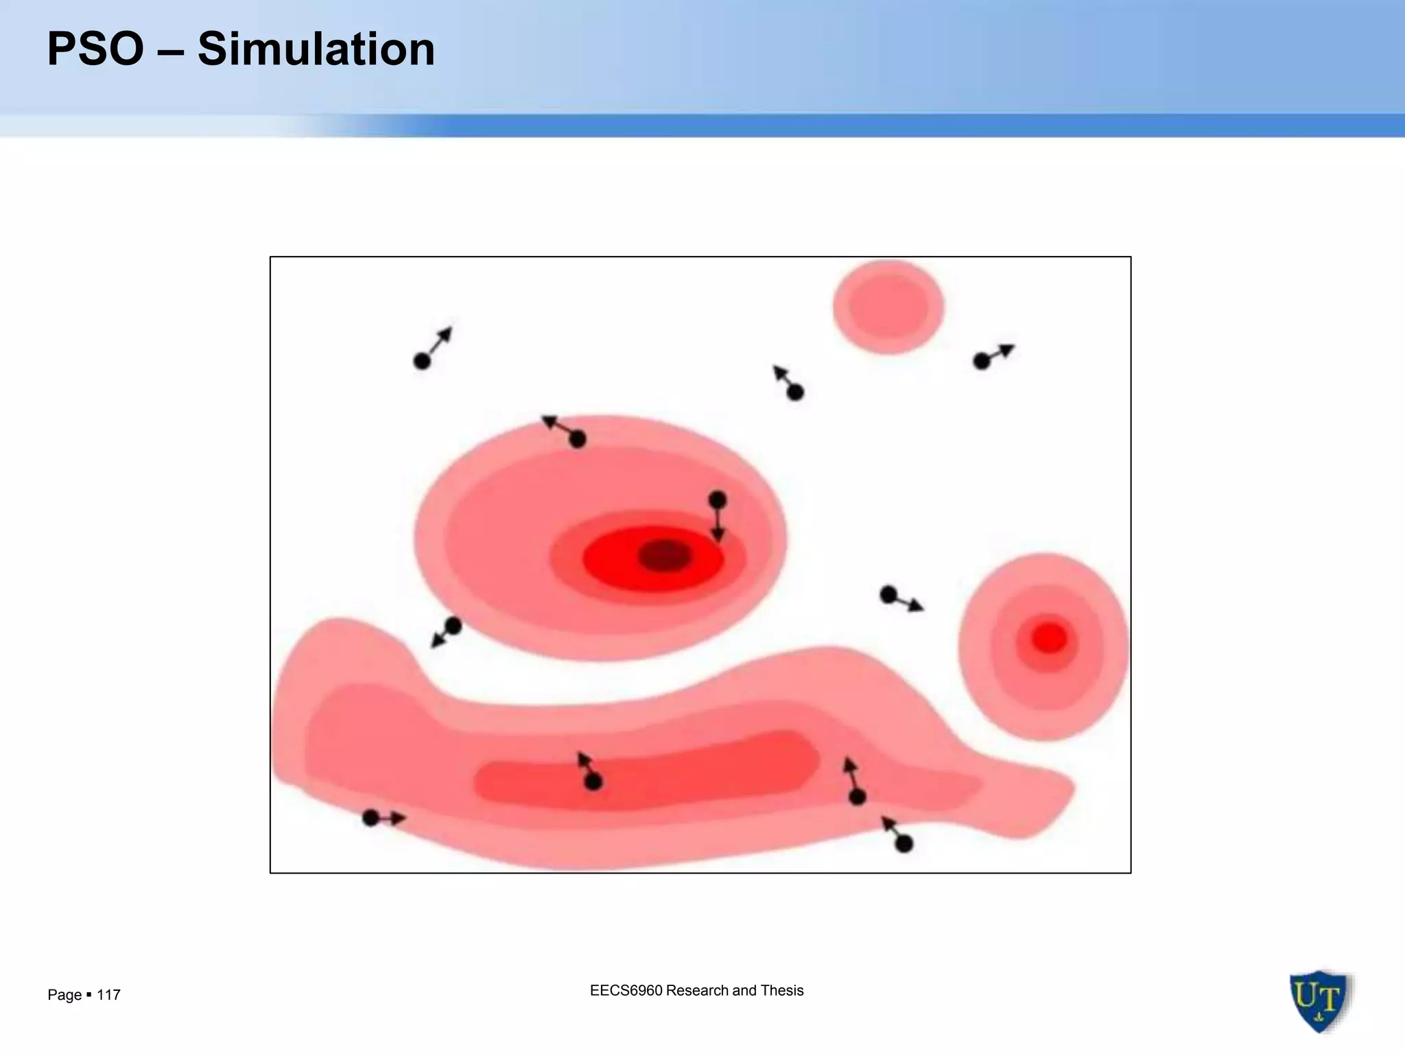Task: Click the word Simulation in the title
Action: (x=316, y=49)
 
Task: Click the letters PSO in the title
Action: (x=95, y=49)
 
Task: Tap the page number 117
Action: (x=109, y=995)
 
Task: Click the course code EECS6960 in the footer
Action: (x=626, y=990)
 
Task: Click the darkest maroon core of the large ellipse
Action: (x=664, y=555)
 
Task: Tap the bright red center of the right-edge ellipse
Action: (x=1049, y=638)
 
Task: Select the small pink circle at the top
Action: (x=888, y=307)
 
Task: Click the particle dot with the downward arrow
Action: (x=718, y=500)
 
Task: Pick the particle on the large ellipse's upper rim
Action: (x=578, y=438)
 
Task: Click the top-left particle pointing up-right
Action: (x=422, y=361)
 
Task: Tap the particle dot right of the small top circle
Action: (x=982, y=361)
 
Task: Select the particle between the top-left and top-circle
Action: (x=795, y=393)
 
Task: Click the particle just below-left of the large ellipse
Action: (x=453, y=626)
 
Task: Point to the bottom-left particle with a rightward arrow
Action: (x=370, y=818)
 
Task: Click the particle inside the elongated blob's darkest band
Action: (x=593, y=782)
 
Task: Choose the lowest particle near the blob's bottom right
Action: (x=904, y=844)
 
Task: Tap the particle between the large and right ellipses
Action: (x=888, y=595)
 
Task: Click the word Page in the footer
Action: (x=64, y=995)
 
